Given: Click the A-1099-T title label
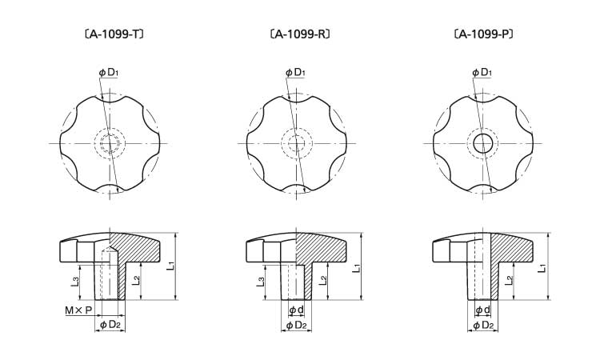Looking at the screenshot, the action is [114, 34].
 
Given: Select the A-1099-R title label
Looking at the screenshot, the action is [300, 34].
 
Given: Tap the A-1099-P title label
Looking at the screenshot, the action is [483, 34].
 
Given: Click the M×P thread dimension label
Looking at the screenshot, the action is [78, 310].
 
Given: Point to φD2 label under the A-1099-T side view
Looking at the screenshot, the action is [110, 325].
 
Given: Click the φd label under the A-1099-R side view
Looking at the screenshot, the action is [296, 310].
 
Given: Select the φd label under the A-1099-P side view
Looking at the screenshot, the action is [482, 310].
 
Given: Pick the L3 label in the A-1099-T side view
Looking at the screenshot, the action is [75, 282].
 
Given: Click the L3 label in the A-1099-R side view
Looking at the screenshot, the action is [261, 282].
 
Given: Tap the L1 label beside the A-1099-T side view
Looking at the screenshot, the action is [170, 265].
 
